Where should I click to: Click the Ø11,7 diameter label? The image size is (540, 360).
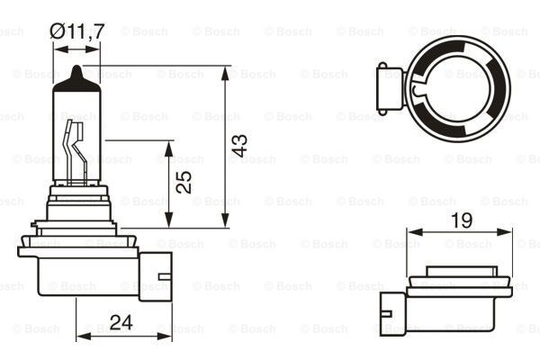pyautogui.click(x=78, y=31)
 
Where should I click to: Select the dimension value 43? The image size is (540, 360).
pyautogui.click(x=238, y=147)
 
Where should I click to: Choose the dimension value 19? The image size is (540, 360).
pyautogui.click(x=460, y=219)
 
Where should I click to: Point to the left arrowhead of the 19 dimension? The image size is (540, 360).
pyautogui.click(x=412, y=232)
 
